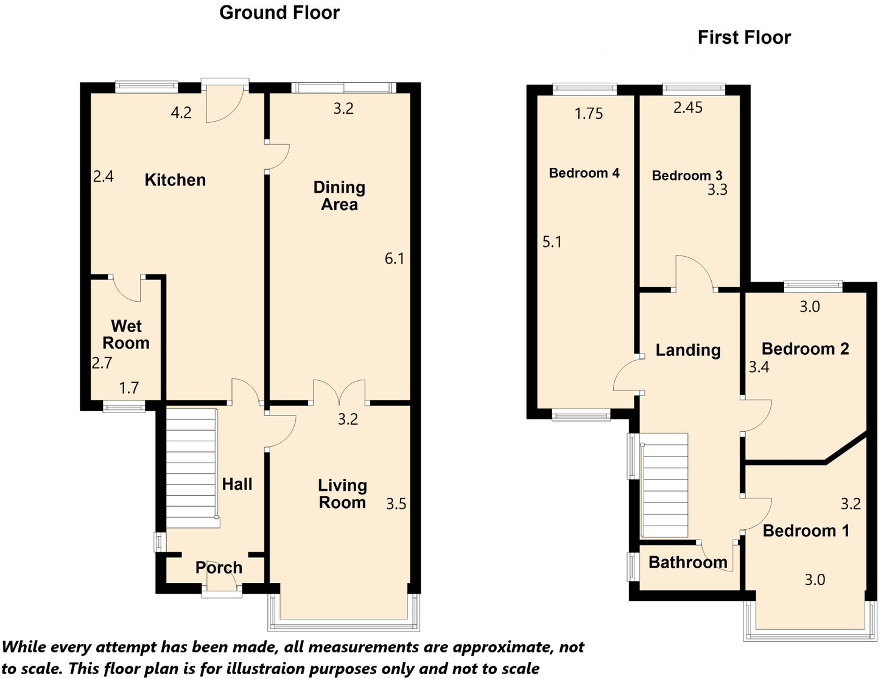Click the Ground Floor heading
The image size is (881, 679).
point(279,13)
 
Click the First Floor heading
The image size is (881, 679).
point(743,38)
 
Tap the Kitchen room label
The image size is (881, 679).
point(175,180)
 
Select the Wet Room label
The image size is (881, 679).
point(126,335)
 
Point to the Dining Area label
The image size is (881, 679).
point(339,196)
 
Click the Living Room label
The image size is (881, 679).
point(342,494)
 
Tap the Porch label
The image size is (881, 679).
point(219,568)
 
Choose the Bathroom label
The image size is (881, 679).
point(687,562)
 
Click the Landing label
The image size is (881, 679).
point(688,350)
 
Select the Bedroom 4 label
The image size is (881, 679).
point(584,173)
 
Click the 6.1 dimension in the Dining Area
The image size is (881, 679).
point(395,259)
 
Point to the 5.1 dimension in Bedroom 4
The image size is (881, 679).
point(552,242)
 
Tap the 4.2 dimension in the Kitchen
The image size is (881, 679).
point(181,113)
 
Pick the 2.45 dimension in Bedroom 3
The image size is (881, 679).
point(688,108)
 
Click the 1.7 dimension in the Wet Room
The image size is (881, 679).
point(129,388)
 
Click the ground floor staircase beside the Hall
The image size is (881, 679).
point(191,467)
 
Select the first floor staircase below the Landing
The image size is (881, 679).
point(665,485)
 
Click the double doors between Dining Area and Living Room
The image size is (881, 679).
point(339,392)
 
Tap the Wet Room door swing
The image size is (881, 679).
point(127,288)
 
